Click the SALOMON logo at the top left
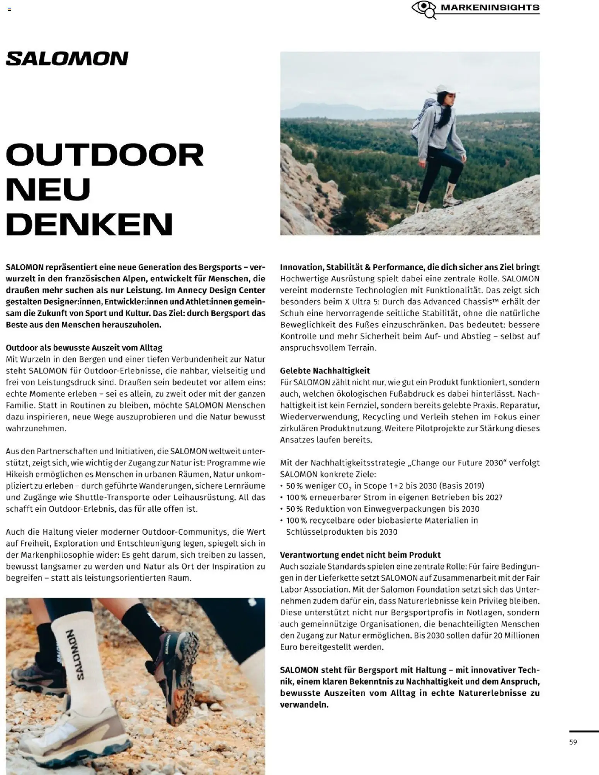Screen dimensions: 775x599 point(67,59)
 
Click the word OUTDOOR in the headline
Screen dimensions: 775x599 point(104,155)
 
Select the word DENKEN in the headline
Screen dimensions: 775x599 point(89,224)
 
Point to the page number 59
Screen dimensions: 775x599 point(573,742)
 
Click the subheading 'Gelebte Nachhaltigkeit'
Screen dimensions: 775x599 point(325,371)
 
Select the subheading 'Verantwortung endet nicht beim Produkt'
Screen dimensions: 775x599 point(360,555)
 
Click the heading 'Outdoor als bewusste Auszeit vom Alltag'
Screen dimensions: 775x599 point(84,347)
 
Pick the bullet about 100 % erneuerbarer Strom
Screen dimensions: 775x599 point(394,497)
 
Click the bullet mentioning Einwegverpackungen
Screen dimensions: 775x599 point(382,509)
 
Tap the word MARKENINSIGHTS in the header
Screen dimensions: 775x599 point(490,7)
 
